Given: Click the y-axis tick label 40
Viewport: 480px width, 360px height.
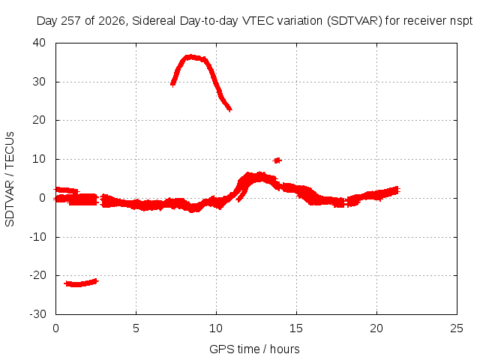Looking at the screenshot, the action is click(39, 43).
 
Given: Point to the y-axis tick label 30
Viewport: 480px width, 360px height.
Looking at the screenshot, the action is click(39, 82).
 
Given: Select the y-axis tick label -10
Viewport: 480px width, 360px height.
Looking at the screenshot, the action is click(37, 237).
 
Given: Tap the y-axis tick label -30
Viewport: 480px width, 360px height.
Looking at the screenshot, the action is click(37, 314).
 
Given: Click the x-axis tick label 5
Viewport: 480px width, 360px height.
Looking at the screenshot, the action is click(136, 328).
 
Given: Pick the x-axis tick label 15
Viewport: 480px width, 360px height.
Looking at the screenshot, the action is click(296, 328).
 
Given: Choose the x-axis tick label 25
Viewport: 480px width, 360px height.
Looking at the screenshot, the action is click(457, 328).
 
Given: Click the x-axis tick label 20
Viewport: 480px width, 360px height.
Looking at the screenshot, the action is click(376, 328).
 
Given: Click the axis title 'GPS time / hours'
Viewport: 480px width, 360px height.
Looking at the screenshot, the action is click(254, 349).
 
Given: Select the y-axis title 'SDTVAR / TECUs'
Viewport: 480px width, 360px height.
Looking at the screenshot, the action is click(10, 179).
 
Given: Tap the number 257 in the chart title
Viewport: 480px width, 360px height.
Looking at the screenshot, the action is click(71, 21).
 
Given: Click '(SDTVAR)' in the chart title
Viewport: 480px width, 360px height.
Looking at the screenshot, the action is click(355, 21).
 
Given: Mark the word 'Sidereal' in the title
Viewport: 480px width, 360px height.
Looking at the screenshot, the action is click(154, 21).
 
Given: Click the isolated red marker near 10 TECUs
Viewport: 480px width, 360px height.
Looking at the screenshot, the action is click(277, 160).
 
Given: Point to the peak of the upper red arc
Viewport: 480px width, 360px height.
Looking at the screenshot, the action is click(191, 57).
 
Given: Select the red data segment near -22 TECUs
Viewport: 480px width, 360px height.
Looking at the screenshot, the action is click(81, 283).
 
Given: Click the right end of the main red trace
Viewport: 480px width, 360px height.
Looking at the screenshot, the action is click(397, 190).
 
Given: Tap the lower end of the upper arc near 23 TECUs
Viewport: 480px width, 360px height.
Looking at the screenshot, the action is click(230, 109).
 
